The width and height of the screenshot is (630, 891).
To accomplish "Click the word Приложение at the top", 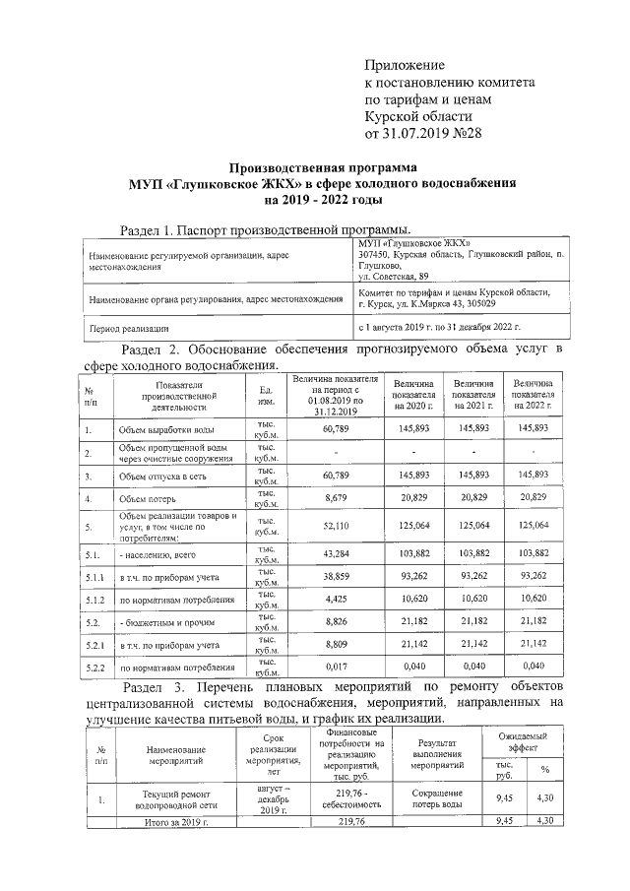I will click(407, 65).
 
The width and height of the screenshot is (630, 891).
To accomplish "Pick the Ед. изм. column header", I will click(265, 395).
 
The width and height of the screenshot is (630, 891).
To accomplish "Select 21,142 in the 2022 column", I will click(533, 644).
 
